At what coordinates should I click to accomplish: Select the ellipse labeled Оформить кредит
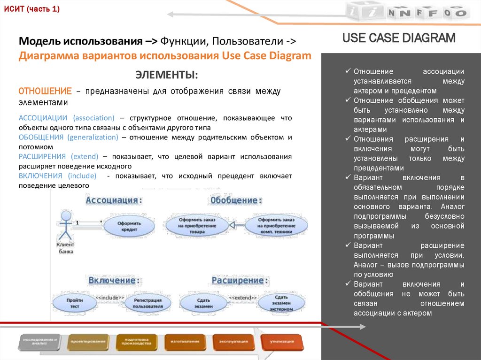(127, 226)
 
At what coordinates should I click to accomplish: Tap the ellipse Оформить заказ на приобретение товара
(197, 226)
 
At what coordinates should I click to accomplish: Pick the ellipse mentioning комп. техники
(276, 226)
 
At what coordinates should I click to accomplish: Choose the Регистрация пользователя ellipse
(147, 303)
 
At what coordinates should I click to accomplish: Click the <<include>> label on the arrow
(110, 298)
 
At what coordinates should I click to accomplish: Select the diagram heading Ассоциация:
(114, 200)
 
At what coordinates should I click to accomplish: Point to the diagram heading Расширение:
(238, 281)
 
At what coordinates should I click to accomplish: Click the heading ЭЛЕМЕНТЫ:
(167, 75)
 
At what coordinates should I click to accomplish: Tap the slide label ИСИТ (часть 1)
(32, 9)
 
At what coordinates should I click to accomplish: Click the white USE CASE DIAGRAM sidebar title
(399, 38)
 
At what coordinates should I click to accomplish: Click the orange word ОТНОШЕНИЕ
(45, 91)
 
